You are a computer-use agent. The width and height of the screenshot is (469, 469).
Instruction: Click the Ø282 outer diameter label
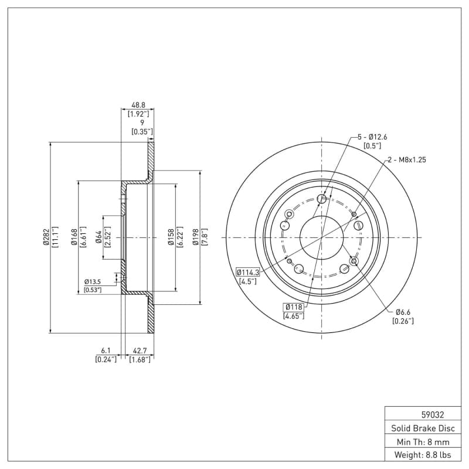[46, 237]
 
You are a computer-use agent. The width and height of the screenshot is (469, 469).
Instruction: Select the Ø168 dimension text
[74, 237]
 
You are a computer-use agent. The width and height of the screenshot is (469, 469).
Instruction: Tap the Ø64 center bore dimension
[98, 237]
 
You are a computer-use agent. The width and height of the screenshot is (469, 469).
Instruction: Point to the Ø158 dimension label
[171, 237]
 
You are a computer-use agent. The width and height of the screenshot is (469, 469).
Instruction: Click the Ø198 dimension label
[196, 237]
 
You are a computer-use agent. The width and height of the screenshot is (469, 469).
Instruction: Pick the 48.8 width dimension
[138, 105]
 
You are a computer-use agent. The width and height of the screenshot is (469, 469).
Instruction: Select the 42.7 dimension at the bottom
[140, 350]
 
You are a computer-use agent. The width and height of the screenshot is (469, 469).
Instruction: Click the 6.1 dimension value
[106, 350]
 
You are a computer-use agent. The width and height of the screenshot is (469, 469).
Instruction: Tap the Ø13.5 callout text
[93, 282]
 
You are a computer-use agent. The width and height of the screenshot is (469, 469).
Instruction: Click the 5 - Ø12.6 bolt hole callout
[372, 137]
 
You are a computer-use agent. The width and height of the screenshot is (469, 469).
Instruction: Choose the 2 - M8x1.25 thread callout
[407, 159]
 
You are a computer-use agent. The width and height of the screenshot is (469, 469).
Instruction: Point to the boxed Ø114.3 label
[248, 273]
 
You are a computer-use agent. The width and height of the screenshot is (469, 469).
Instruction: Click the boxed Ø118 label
[294, 307]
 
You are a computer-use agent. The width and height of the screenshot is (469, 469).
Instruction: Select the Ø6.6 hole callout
[403, 312]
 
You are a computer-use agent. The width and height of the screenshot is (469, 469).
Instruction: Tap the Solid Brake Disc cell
[423, 429]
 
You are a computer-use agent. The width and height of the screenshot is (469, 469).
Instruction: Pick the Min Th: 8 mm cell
[423, 442]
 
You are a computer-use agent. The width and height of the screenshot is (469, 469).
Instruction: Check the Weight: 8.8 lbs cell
[423, 455]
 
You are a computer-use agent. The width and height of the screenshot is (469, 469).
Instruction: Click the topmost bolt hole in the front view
[321, 199]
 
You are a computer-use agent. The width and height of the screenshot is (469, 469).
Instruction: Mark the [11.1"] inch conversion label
[55, 237]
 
